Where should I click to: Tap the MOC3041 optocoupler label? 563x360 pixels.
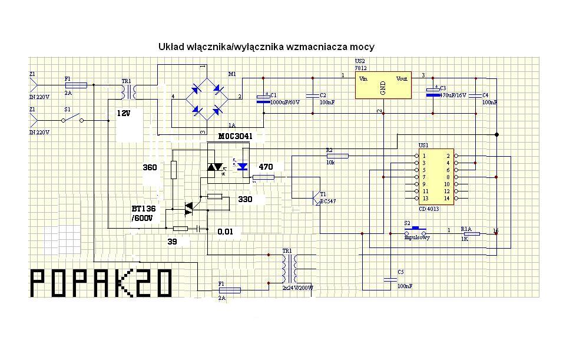[x=236, y=137]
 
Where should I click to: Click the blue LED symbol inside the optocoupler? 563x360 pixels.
[x=242, y=167]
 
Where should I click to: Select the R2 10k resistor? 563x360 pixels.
[x=341, y=156]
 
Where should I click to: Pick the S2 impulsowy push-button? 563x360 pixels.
[x=418, y=229]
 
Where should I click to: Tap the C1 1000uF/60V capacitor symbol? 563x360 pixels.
[x=263, y=99]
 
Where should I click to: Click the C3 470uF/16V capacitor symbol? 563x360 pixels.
[x=433, y=93]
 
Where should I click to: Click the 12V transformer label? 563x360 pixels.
[x=124, y=113]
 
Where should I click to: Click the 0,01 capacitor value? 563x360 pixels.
[x=225, y=232]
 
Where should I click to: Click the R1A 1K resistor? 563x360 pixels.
[x=472, y=234]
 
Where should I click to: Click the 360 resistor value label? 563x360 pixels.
[x=150, y=168]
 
